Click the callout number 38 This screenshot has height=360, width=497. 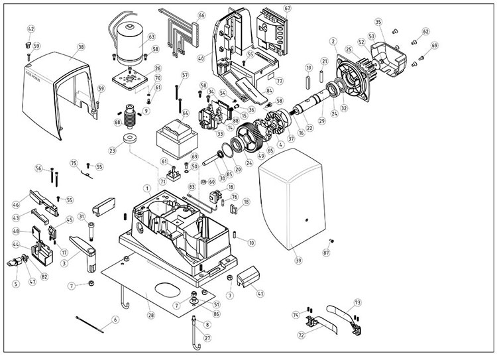80,47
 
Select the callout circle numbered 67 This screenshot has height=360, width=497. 287,9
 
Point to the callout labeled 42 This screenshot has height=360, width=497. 31,29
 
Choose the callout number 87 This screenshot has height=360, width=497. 325,254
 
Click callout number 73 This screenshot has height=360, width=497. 358,302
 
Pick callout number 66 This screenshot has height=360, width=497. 201,15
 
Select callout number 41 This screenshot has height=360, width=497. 260,293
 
